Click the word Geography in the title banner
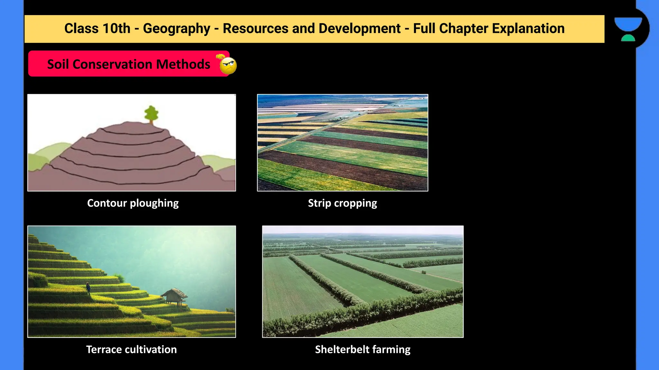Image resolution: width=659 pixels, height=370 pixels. coord(176,29)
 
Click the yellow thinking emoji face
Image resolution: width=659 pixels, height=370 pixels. coord(228,66)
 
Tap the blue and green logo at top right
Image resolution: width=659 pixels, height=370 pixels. coord(628,29)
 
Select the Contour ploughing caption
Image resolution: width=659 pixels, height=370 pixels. coord(133,203)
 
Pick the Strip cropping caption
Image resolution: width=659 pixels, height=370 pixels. coord(342,203)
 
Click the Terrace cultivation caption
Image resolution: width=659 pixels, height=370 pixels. coord(131,349)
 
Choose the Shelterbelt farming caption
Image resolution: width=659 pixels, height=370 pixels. coord(363,349)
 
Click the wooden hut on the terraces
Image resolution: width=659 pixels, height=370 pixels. coord(174,295)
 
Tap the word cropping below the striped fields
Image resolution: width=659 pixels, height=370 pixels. coord(356,203)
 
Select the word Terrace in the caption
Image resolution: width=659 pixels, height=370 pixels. coord(104,349)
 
